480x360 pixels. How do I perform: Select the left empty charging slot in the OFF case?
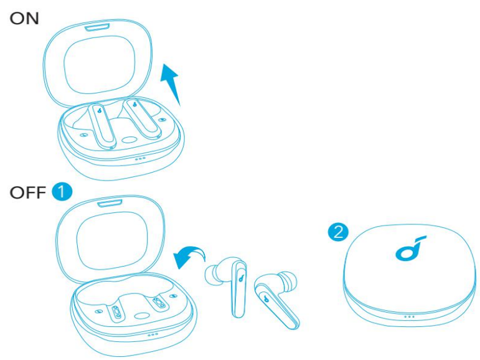116,311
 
